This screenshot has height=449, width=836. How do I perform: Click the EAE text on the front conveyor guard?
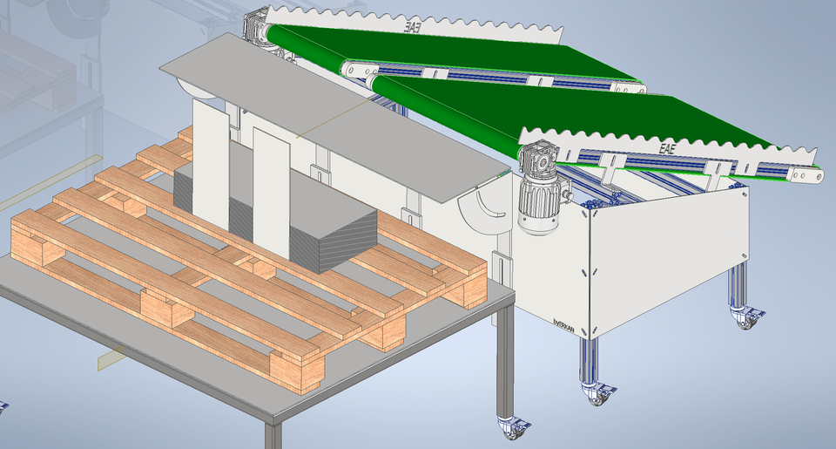click(x=667, y=148)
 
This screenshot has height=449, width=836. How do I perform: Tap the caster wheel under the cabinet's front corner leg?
click(x=597, y=395)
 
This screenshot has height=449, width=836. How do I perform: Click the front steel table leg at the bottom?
click(x=273, y=436)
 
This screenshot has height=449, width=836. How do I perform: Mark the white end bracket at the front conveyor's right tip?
click(x=806, y=175)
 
